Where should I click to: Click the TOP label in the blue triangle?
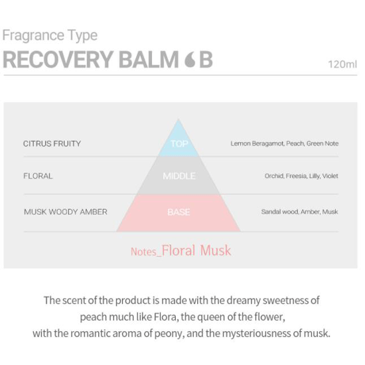(x=179, y=143)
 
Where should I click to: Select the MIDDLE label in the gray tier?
(x=179, y=176)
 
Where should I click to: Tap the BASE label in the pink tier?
(x=179, y=212)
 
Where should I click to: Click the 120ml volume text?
(x=342, y=64)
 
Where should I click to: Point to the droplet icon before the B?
(x=190, y=60)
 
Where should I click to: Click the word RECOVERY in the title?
(x=58, y=60)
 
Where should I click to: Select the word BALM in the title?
(x=149, y=60)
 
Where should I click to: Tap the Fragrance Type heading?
(x=50, y=36)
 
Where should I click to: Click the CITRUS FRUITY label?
(x=52, y=143)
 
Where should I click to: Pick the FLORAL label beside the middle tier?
(x=38, y=176)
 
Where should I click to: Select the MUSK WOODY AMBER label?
(x=66, y=212)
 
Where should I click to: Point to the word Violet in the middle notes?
(x=330, y=176)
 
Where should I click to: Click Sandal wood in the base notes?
(x=280, y=212)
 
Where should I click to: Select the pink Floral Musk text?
(x=196, y=250)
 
